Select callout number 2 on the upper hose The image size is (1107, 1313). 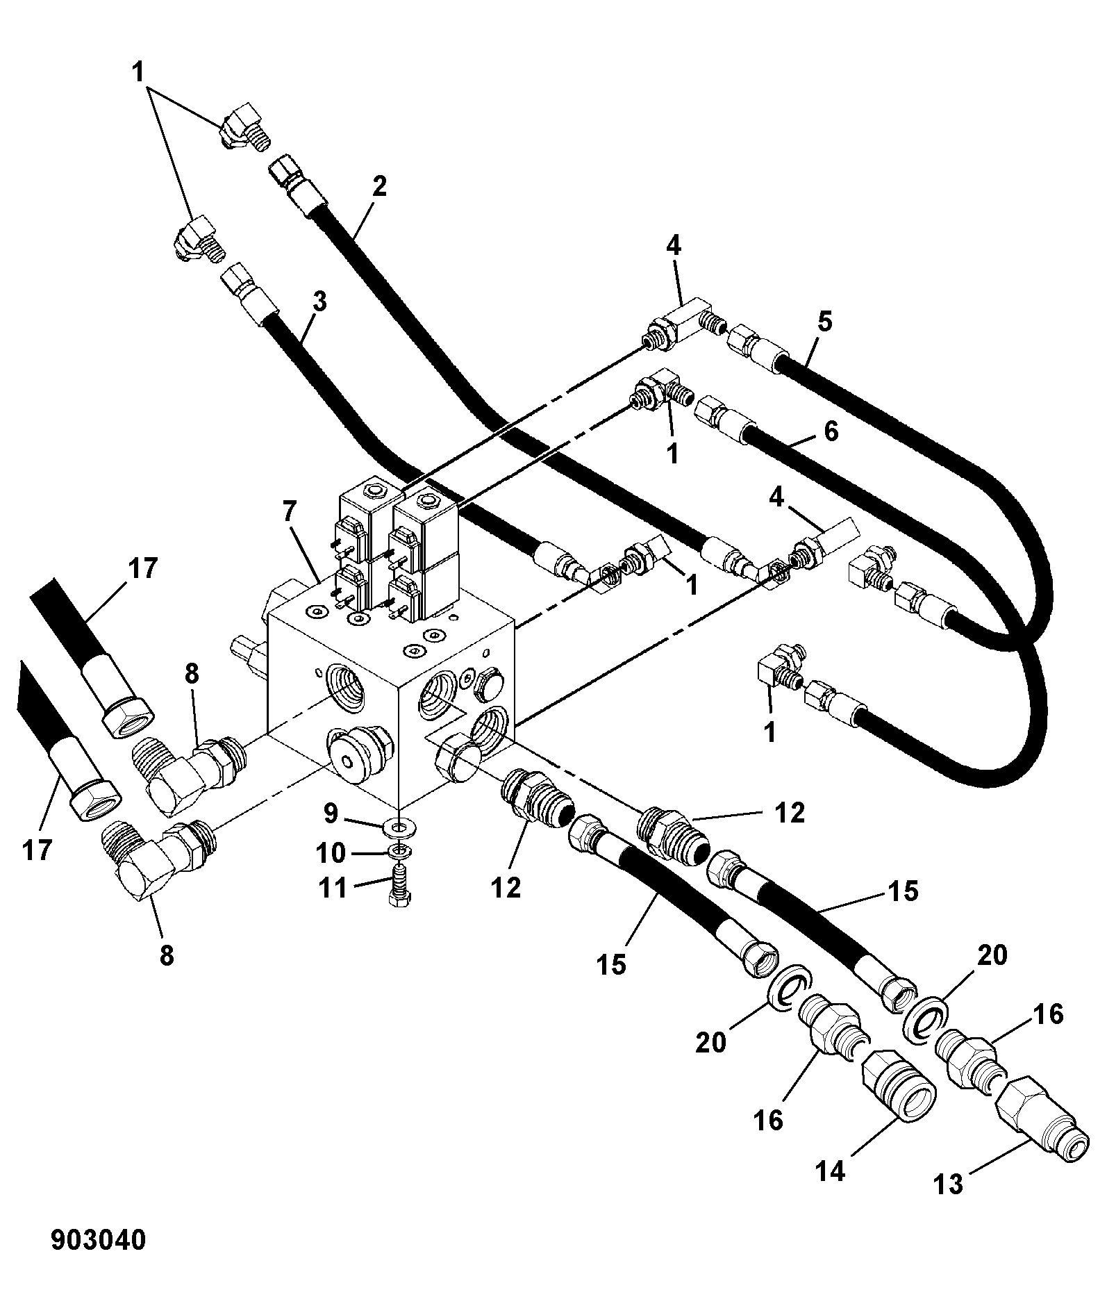click(378, 187)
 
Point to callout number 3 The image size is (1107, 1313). click(319, 303)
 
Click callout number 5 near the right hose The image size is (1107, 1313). click(824, 323)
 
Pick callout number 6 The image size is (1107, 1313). click(831, 431)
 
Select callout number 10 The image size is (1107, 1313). click(330, 852)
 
